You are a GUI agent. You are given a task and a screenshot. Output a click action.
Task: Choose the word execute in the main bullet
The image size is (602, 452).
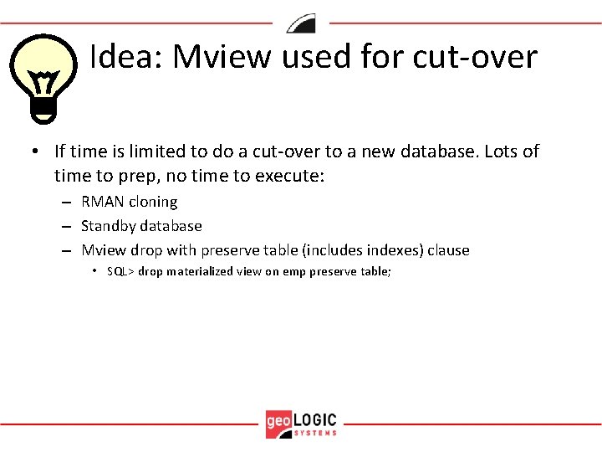tap(289, 176)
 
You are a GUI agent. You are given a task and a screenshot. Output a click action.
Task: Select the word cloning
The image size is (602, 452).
tap(152, 202)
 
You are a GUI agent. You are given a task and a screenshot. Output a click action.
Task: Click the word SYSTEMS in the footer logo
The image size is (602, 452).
tap(316, 433)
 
